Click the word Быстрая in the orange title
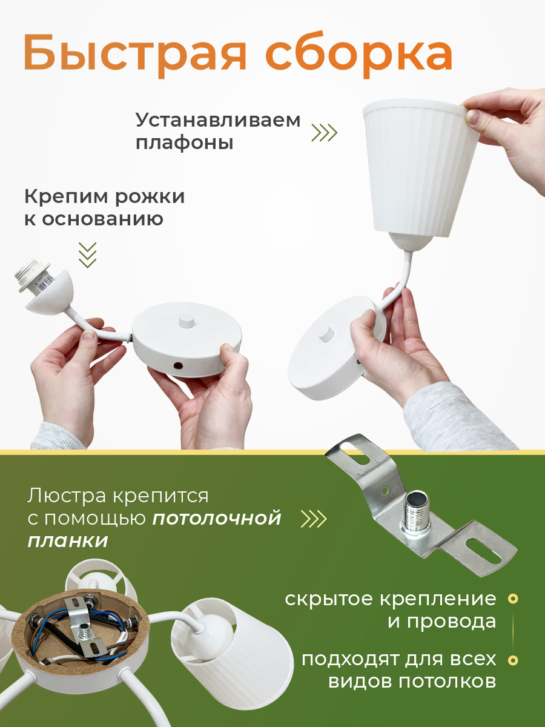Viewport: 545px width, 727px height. (134, 55)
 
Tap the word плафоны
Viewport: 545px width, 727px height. (185, 143)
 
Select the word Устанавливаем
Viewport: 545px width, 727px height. (218, 121)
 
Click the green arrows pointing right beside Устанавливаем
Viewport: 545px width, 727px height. (325, 133)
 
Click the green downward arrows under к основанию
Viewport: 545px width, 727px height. (88, 254)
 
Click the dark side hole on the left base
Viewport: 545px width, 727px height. (179, 366)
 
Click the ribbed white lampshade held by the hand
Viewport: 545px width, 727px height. (421, 169)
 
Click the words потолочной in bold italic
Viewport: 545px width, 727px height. (217, 519)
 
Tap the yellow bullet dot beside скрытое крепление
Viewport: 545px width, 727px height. (513, 599)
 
